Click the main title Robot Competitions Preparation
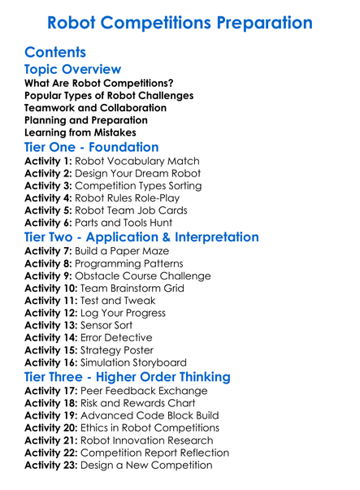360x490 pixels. pyautogui.click(x=180, y=21)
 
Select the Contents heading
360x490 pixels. pyautogui.click(x=55, y=52)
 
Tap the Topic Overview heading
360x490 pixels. pyautogui.click(x=73, y=70)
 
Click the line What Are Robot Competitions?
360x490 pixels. pyautogui.click(x=98, y=83)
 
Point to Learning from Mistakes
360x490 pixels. pyautogui.click(x=80, y=132)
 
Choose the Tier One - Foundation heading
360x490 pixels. pyautogui.click(x=92, y=148)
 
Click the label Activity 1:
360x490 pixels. pyautogui.click(x=48, y=161)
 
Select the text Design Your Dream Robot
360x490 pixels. pyautogui.click(x=139, y=173)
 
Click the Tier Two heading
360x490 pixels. pyautogui.click(x=142, y=237)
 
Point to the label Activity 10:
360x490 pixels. pyautogui.click(x=51, y=288)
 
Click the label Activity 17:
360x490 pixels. pyautogui.click(x=51, y=391)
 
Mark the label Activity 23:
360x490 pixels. pyautogui.click(x=51, y=465)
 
